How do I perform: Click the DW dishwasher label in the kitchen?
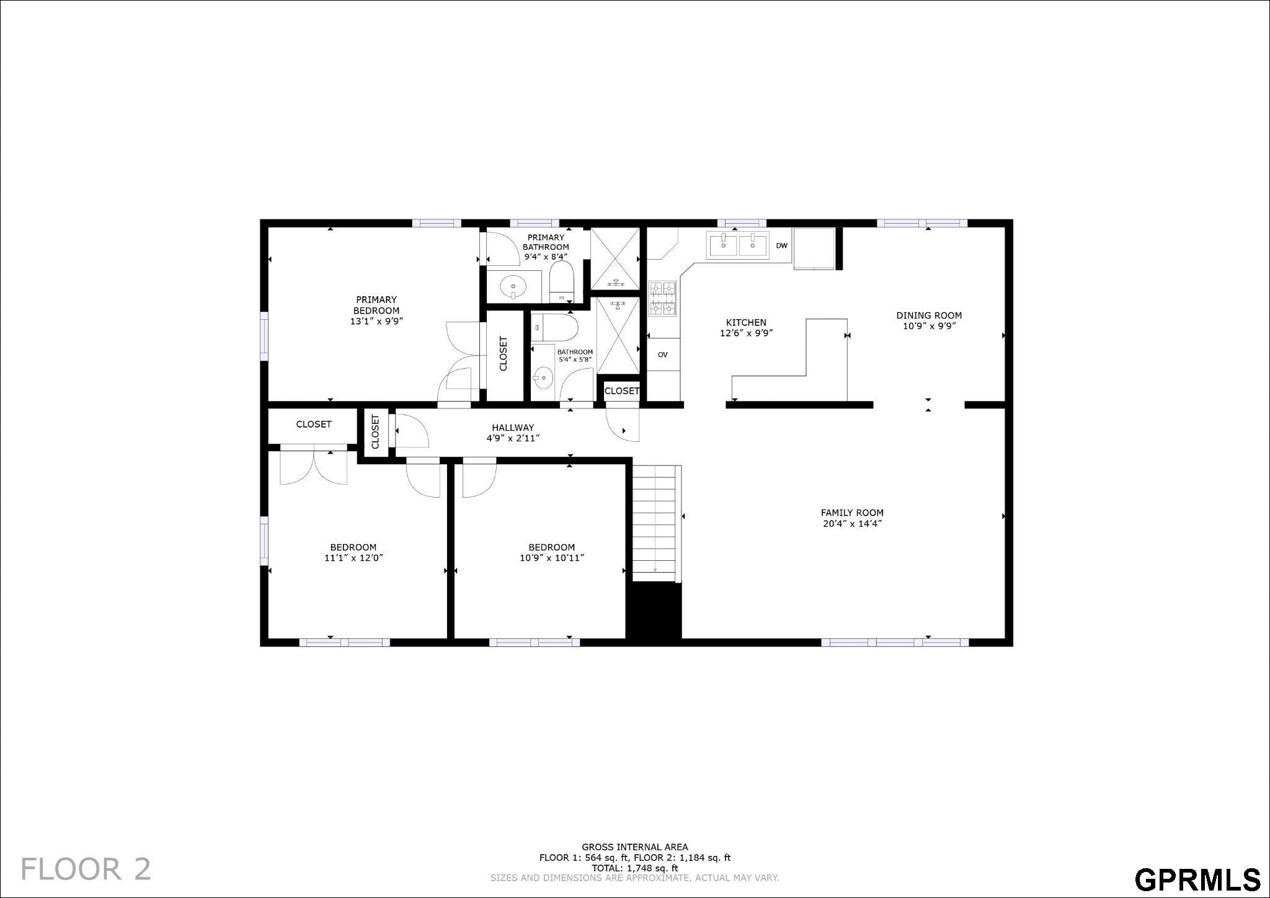(781, 246)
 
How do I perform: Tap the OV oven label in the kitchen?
(662, 355)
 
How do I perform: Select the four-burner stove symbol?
(662, 299)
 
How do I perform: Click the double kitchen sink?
(738, 245)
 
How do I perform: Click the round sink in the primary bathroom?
(513, 287)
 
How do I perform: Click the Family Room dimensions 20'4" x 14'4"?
(852, 524)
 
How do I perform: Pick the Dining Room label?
(929, 315)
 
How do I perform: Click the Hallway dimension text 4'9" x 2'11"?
(513, 438)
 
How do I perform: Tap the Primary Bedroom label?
(376, 305)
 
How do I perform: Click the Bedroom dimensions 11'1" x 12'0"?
(353, 558)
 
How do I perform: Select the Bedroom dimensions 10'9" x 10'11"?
(552, 558)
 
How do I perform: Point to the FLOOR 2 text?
(86, 869)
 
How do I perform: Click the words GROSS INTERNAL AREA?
(634, 847)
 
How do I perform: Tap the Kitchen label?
(746, 322)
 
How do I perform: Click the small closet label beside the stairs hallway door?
(621, 391)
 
